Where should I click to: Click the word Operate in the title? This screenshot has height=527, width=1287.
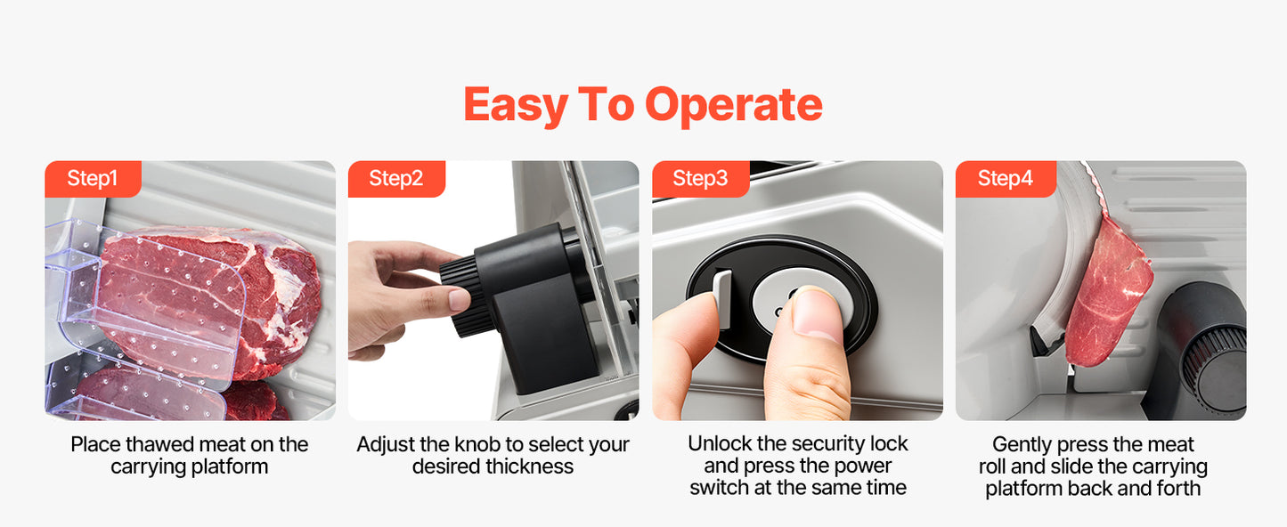coord(734,104)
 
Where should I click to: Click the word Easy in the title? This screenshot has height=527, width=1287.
coord(516,106)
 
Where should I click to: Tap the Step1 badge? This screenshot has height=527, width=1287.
coord(94,179)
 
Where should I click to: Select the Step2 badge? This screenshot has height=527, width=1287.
coord(396,179)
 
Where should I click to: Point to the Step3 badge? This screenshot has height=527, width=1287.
coord(700,179)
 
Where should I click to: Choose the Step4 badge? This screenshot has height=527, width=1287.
coord(1006,179)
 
